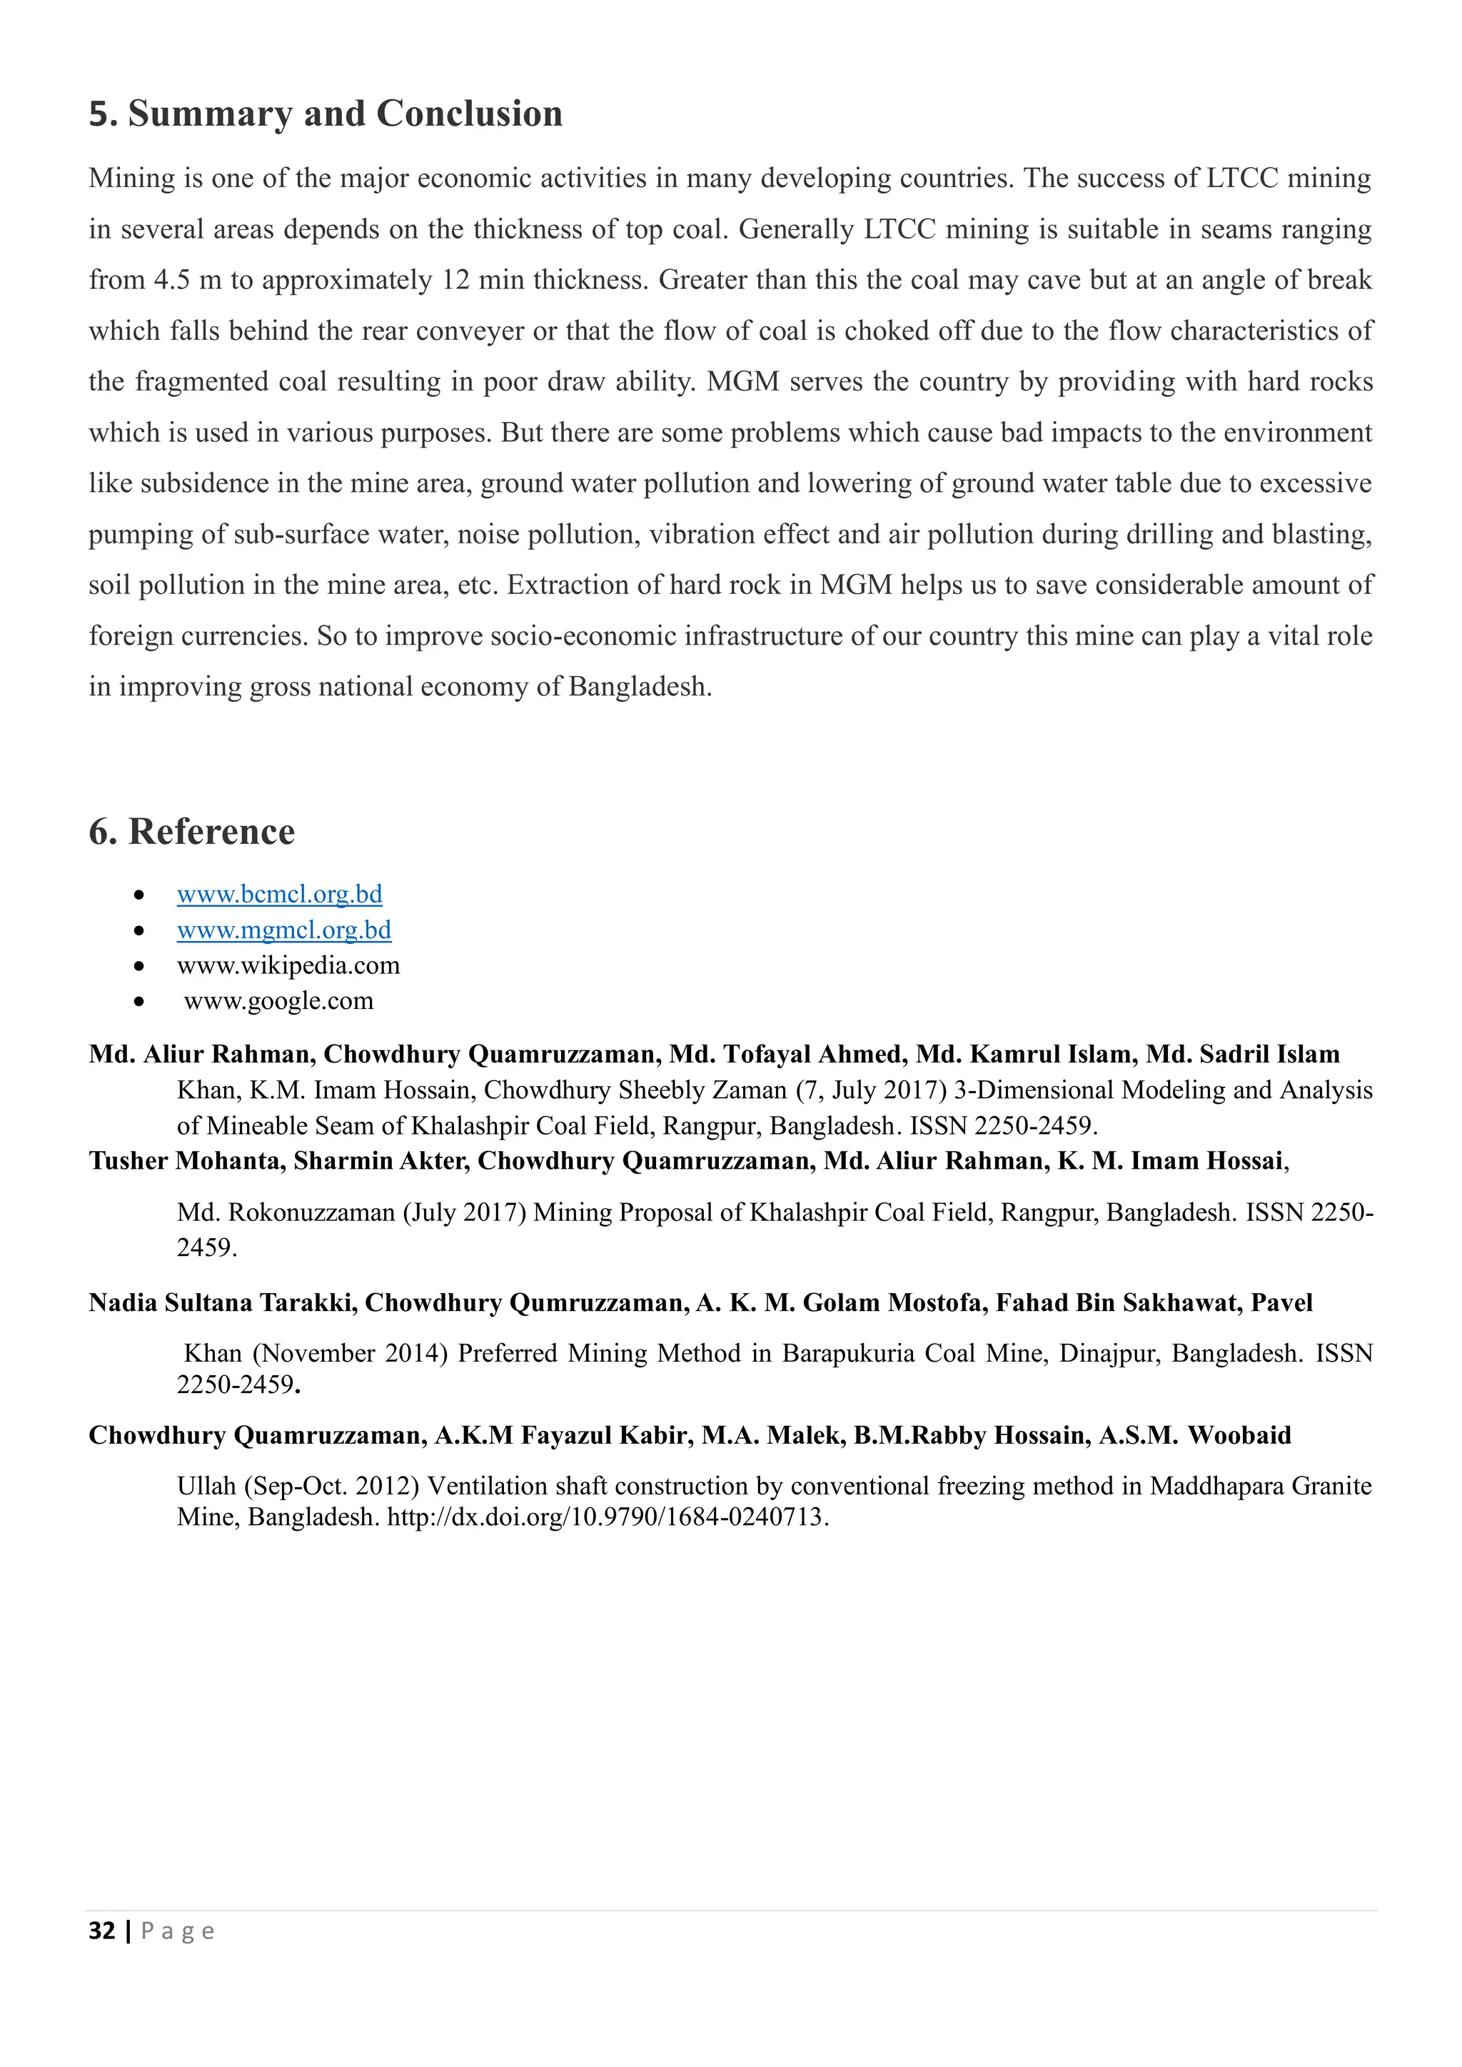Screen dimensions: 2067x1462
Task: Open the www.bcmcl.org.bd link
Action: click(279, 895)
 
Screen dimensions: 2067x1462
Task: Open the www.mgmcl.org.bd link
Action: click(283, 930)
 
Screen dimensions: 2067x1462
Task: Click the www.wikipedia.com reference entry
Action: click(288, 966)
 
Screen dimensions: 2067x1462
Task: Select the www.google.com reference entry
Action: click(278, 1001)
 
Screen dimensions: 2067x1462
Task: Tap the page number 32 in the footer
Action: click(102, 1931)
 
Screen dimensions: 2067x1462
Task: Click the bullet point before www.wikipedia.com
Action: click(138, 967)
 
